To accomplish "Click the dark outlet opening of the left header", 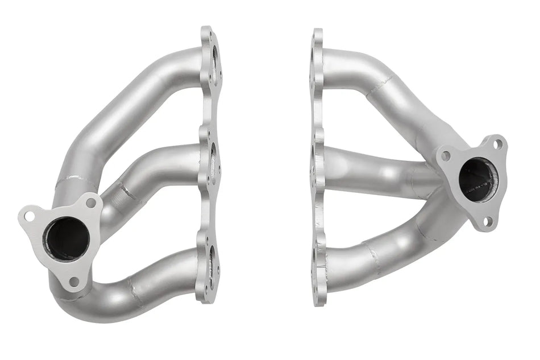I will (68, 238).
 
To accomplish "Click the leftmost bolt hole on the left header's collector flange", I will (29, 216).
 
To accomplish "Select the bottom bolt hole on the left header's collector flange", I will (74, 280).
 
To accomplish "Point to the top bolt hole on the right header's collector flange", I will (497, 144).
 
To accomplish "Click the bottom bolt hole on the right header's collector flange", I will (487, 221).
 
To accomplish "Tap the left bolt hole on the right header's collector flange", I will (446, 154).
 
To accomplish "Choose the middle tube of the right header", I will (375, 171).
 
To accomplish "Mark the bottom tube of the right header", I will (375, 259).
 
